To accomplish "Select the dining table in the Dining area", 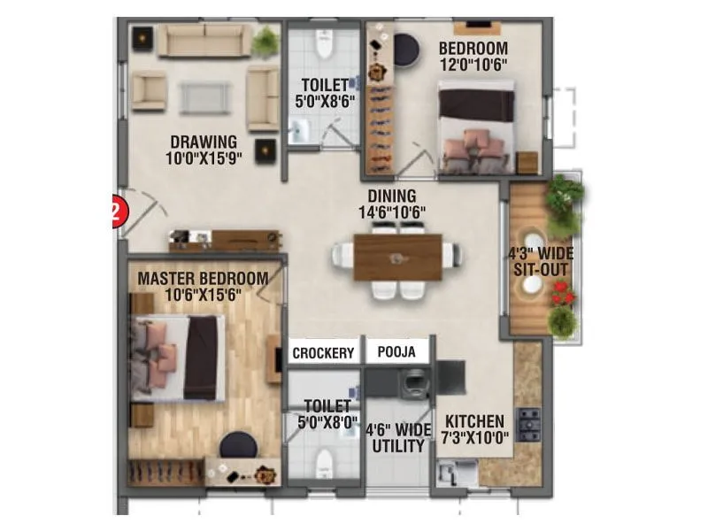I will coord(397,257).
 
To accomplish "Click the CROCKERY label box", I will coord(323,352).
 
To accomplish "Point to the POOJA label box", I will coord(396,352).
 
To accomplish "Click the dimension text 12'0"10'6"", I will coord(473,65).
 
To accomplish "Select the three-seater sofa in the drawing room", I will coord(204,41).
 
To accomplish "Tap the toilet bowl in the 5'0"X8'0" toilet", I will coord(324,460).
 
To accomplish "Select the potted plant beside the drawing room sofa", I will coord(265,41).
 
